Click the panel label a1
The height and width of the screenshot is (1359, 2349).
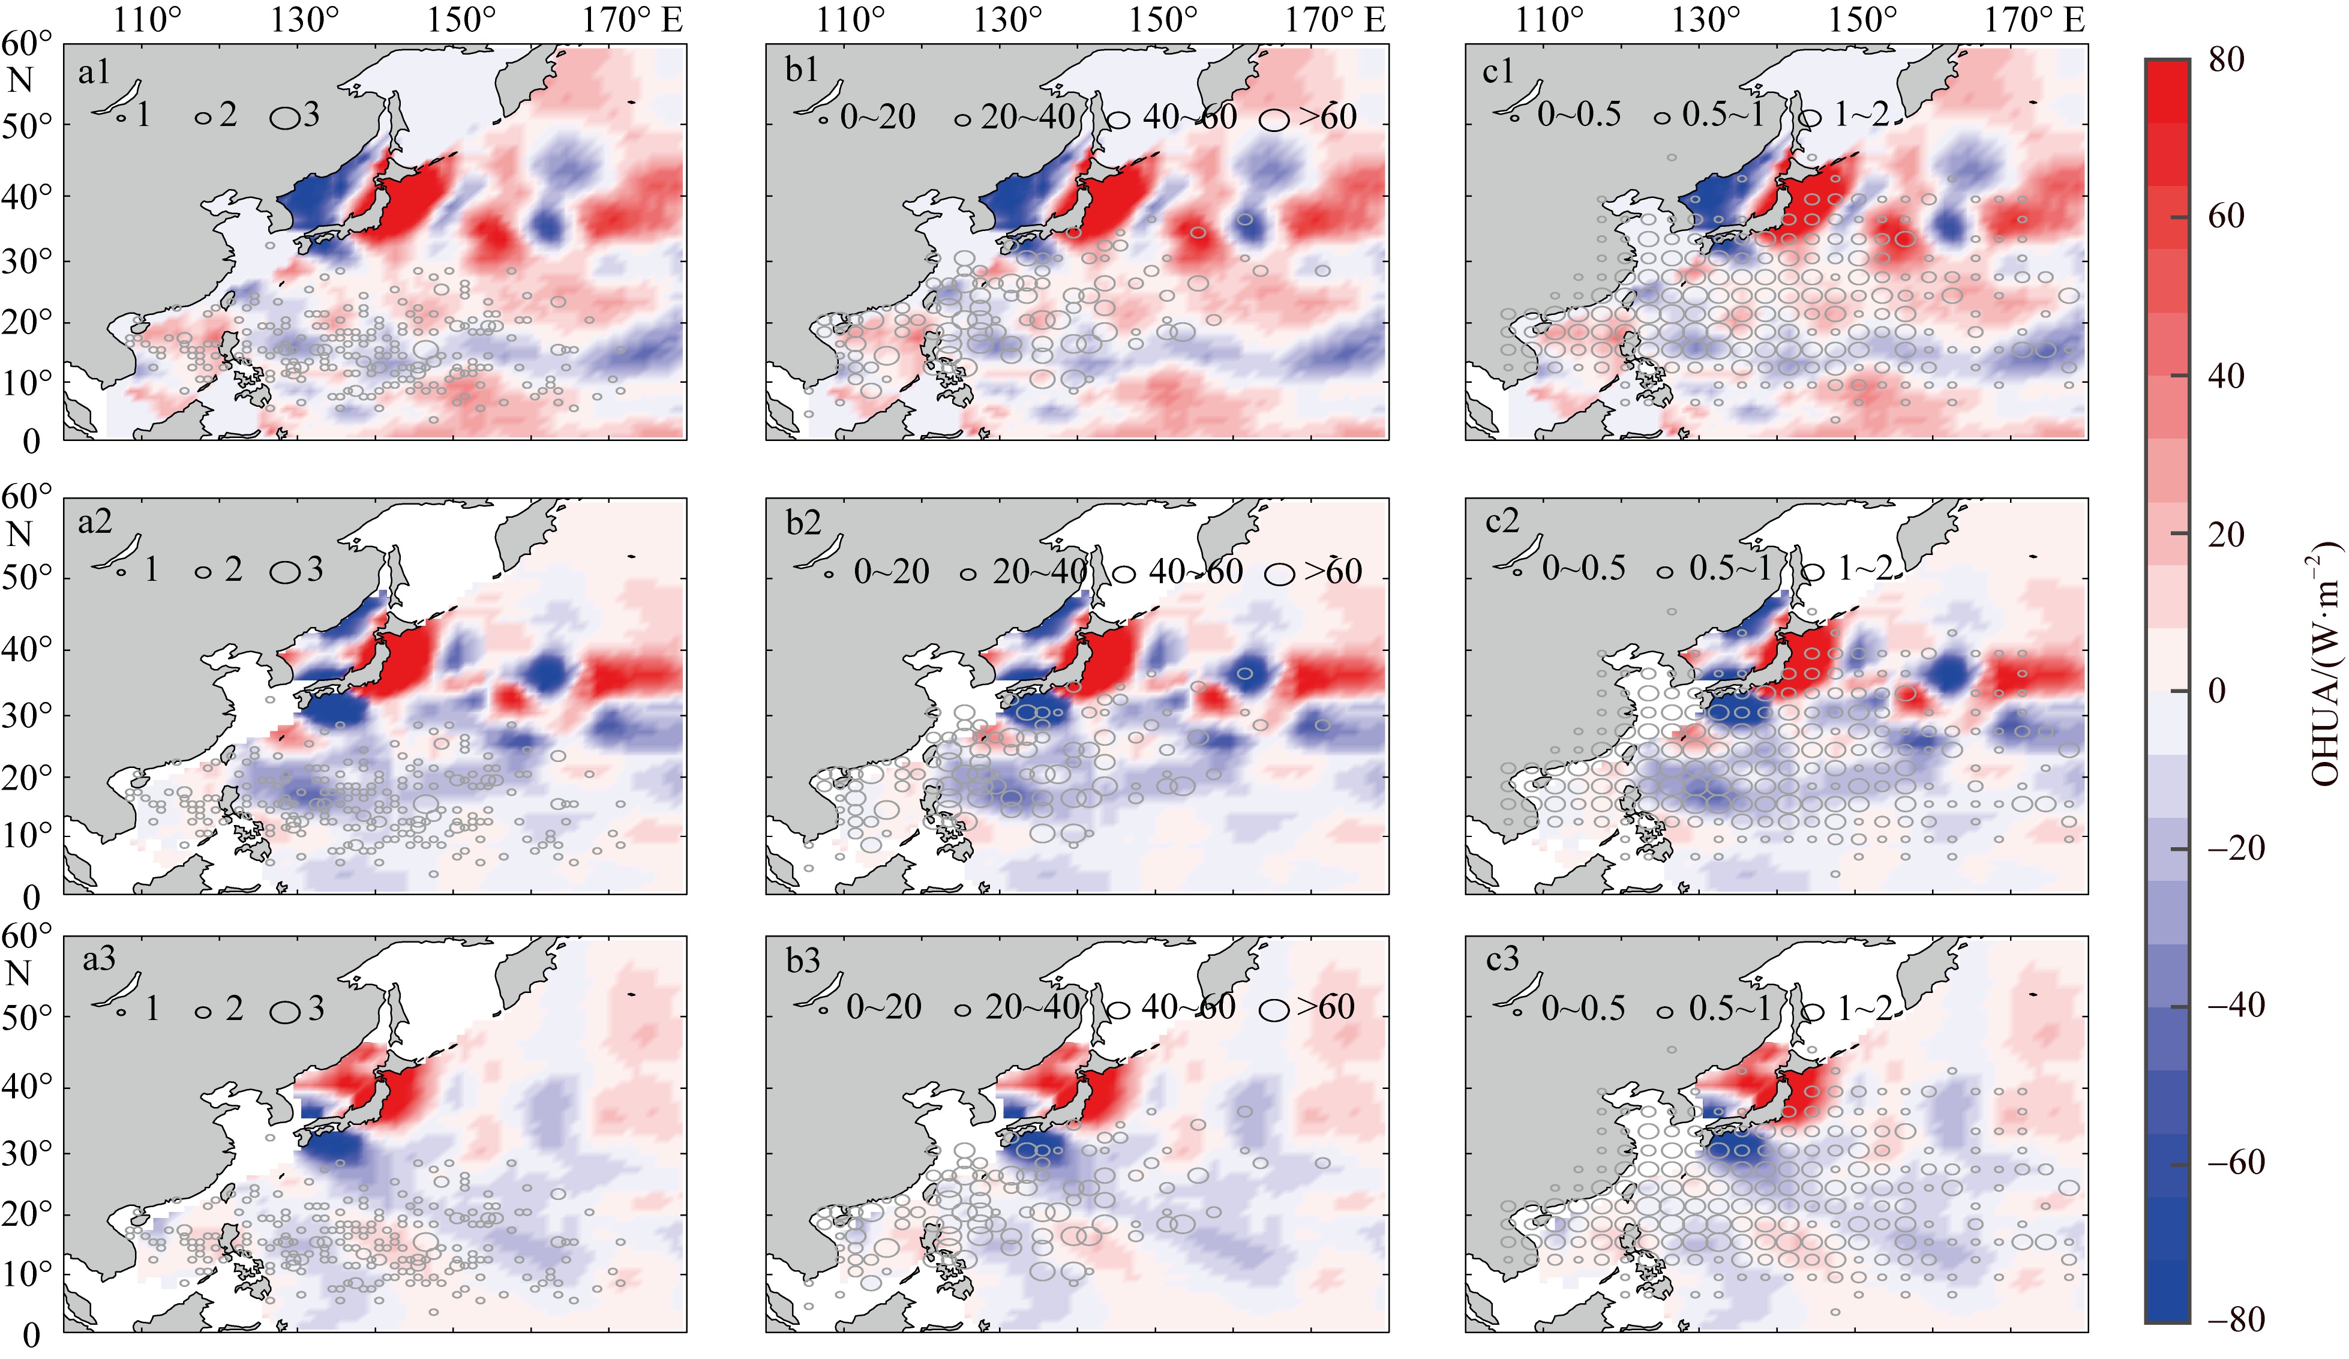[94, 71]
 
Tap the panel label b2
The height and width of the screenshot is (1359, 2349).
[803, 523]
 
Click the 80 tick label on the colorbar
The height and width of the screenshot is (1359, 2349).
[2226, 59]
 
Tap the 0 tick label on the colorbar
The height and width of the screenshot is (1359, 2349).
[2216, 691]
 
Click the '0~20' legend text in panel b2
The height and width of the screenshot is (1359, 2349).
[891, 571]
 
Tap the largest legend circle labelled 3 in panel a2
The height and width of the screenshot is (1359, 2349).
[285, 571]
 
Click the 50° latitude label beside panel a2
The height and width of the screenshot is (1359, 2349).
[26, 578]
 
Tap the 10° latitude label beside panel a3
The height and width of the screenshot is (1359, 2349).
[26, 1274]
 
